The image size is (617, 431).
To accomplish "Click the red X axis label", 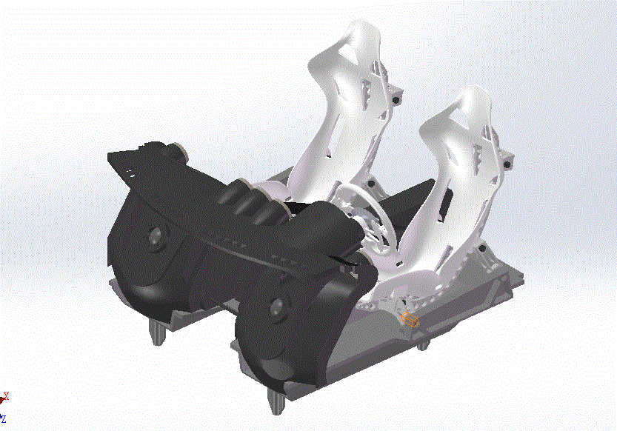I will pyautogui.click(x=7, y=396).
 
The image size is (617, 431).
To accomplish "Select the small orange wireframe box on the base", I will pyautogui.click(x=410, y=320).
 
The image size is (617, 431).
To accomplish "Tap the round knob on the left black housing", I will pyautogui.click(x=156, y=237).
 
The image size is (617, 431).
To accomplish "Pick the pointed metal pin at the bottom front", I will pyautogui.click(x=276, y=404).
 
